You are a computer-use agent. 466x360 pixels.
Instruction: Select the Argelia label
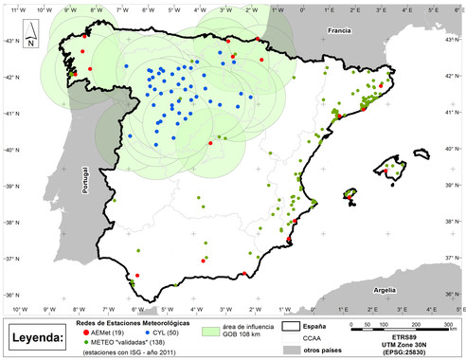[x=385, y=291]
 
